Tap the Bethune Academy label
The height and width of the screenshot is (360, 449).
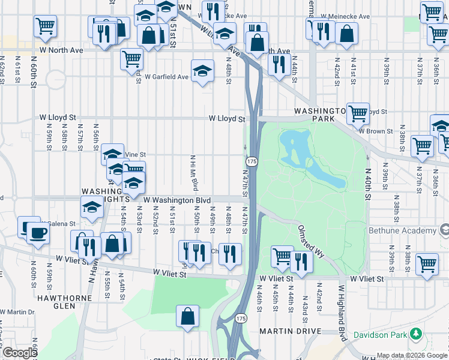(411, 230)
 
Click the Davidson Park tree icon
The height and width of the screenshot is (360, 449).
(415, 334)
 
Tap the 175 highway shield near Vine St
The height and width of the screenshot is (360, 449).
(252, 162)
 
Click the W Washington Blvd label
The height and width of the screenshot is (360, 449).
(177, 200)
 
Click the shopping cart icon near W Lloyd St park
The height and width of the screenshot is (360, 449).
(358, 112)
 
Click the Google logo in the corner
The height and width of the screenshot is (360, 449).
(20, 353)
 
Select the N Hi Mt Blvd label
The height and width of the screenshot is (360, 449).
(193, 170)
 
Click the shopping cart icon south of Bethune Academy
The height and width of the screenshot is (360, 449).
(427, 263)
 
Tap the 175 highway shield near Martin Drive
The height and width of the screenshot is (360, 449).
(241, 318)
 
